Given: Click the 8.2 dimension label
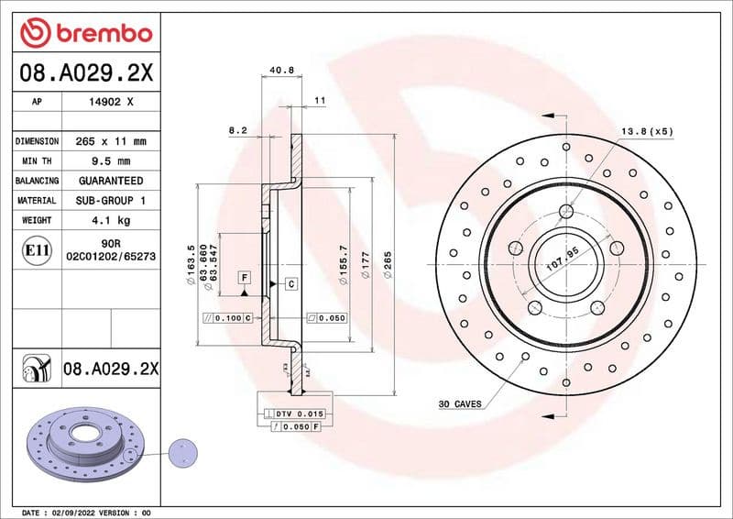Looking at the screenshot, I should [x=237, y=131].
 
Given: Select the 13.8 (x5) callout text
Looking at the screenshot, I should [x=647, y=131].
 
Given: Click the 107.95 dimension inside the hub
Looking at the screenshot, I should [x=563, y=262].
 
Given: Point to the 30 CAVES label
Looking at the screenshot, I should [x=460, y=403].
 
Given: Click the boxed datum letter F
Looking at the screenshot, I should [x=245, y=276].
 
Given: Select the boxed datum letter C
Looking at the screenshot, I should [x=290, y=283].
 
